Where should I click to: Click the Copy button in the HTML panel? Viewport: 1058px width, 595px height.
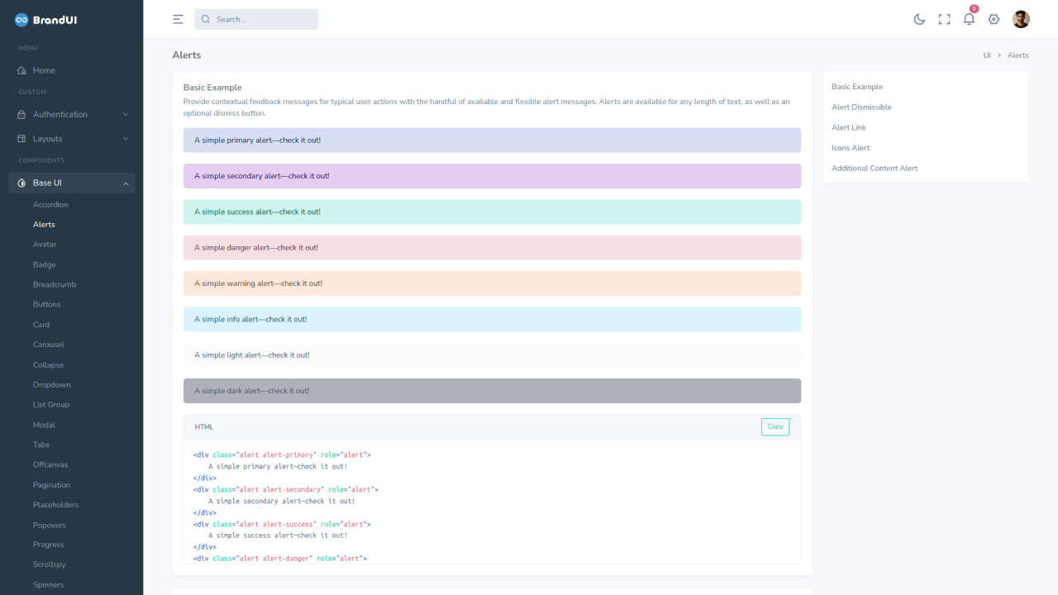tap(775, 426)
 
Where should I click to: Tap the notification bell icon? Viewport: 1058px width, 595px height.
tap(969, 19)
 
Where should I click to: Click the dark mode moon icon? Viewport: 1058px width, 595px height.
tap(919, 19)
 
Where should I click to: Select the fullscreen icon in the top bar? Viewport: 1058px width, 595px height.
tap(944, 19)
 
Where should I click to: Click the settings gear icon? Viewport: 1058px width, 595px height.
tap(994, 19)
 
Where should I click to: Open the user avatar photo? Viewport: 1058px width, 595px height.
tap(1021, 19)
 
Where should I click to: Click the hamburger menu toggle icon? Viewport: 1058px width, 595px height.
tap(178, 19)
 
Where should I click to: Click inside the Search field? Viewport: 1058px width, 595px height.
tap(256, 19)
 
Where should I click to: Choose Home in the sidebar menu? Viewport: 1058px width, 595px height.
tap(44, 70)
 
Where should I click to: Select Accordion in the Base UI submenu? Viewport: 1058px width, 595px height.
tap(50, 204)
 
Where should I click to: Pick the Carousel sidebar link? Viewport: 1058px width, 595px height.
tap(49, 345)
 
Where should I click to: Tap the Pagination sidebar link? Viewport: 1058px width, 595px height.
tap(51, 484)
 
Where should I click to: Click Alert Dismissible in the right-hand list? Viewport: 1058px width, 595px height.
tap(861, 107)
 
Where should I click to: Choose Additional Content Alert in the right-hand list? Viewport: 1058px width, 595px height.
tap(875, 168)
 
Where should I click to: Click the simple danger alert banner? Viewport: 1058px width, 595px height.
tap(492, 247)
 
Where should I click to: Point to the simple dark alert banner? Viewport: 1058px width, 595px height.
tap(492, 391)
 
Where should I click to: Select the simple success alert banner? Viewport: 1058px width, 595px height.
tap(492, 212)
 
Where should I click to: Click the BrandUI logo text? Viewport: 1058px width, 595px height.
tap(55, 20)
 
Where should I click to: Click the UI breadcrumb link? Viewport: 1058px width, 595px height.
tap(987, 55)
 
